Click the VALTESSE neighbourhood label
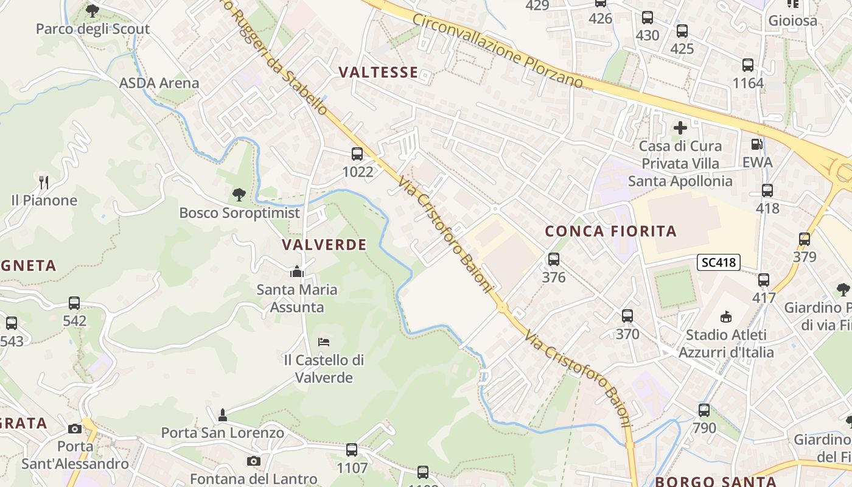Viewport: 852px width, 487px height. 378,72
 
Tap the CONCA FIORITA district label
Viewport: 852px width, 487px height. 610,231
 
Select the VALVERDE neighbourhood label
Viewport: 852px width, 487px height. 324,245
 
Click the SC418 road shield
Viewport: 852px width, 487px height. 718,262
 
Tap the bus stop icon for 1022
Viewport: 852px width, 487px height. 357,155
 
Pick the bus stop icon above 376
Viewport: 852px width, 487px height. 554,259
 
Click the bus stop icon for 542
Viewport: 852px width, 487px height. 74,303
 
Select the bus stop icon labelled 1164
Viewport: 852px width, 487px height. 748,65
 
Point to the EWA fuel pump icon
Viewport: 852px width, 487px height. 757,144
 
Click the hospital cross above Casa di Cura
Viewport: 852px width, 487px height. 680,128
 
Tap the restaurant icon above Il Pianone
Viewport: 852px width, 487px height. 43,182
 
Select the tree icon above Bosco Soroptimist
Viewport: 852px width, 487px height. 239,195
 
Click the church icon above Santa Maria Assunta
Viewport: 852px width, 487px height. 297,272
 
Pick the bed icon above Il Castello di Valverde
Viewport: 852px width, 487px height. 324,342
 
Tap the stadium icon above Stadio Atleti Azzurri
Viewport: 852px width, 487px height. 725,317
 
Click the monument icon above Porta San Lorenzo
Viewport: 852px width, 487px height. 223,415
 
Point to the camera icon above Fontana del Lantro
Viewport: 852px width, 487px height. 254,461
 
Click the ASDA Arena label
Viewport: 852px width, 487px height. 159,83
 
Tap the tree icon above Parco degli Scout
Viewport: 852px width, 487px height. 93,10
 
